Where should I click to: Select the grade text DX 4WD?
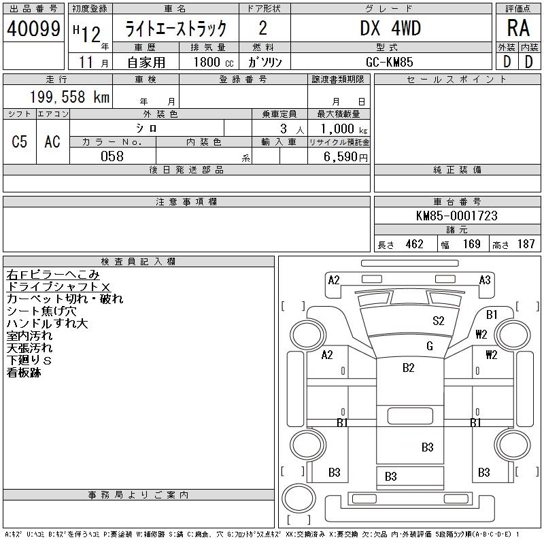(x=390, y=29)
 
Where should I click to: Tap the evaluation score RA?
(x=518, y=29)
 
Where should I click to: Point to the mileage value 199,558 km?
(x=68, y=97)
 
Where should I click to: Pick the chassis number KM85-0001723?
(x=456, y=216)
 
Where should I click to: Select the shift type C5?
(x=20, y=141)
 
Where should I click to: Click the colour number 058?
(x=112, y=156)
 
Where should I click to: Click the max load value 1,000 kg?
(x=338, y=129)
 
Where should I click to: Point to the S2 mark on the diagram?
(x=439, y=321)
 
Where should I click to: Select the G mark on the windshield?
(x=430, y=346)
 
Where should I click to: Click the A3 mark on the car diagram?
(x=485, y=279)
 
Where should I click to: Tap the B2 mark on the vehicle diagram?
(x=409, y=368)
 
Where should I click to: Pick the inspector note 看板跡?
(x=24, y=373)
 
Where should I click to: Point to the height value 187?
(x=526, y=244)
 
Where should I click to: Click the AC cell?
(x=52, y=141)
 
